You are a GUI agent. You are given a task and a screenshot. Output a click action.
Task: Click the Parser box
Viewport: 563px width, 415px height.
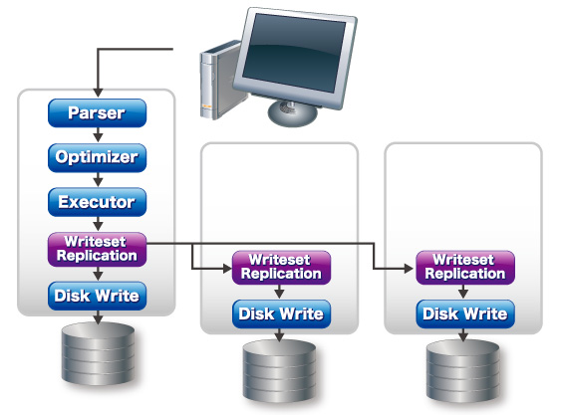pyautogui.click(x=97, y=113)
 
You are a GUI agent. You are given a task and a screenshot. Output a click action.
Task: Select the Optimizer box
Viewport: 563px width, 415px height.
pyautogui.click(x=97, y=158)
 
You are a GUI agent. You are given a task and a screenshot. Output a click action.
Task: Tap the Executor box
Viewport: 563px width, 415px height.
pyautogui.click(x=97, y=202)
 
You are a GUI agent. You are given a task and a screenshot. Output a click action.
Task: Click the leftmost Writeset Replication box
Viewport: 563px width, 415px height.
pyautogui.click(x=97, y=249)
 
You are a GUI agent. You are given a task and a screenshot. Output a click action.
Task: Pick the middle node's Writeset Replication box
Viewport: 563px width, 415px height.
pyautogui.click(x=281, y=268)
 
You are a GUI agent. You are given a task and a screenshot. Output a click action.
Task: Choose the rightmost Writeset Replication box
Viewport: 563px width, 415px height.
pyautogui.click(x=465, y=268)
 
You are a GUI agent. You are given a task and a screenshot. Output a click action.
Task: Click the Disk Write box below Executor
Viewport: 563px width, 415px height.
pyautogui.click(x=97, y=296)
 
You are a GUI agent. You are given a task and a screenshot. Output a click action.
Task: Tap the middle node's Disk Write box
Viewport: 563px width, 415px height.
pyautogui.click(x=281, y=314)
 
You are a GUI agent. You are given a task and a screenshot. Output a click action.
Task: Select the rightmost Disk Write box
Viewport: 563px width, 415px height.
pyautogui.click(x=465, y=314)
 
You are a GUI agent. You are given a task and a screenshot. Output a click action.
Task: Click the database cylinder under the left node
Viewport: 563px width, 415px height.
pyautogui.click(x=98, y=353)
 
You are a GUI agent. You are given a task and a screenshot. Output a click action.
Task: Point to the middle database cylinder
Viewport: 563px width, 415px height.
pyautogui.click(x=279, y=371)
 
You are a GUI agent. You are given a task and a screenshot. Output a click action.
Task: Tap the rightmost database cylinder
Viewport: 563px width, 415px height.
pyautogui.click(x=463, y=371)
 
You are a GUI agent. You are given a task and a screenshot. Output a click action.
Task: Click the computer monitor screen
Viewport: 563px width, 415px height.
pyautogui.click(x=294, y=52)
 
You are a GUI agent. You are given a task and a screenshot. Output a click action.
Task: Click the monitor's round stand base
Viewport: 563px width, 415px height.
pyautogui.click(x=293, y=113)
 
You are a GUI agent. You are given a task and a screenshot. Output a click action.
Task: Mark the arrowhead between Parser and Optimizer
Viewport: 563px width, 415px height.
pyautogui.click(x=98, y=137)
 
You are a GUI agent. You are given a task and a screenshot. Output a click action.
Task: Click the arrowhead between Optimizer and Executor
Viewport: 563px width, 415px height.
pyautogui.click(x=98, y=182)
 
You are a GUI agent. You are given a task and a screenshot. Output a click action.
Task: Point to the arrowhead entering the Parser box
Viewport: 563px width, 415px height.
pyautogui.click(x=98, y=93)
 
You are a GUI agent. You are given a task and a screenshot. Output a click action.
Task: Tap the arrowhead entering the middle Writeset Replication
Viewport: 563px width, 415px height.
pyautogui.click(x=227, y=268)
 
